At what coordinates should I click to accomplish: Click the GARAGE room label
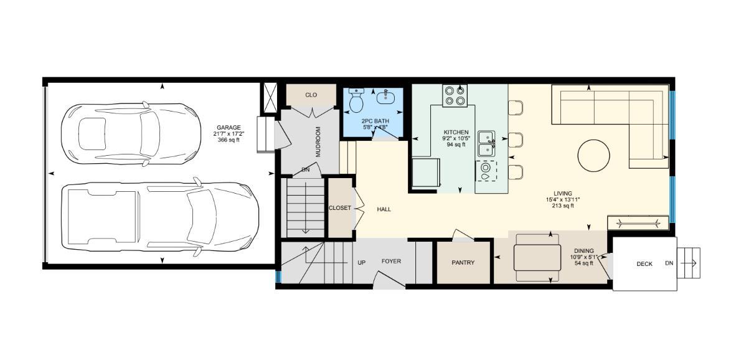tap(229, 127)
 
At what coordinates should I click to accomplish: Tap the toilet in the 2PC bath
tap(357, 100)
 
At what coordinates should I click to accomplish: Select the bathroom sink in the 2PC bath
tap(385, 96)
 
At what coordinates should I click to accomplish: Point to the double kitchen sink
tap(486, 144)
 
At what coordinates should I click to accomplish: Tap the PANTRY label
tap(463, 263)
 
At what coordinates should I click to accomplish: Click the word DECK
tap(644, 264)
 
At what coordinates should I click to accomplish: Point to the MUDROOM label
tap(318, 141)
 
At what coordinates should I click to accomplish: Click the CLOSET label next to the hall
tap(339, 208)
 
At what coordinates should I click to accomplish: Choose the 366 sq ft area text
tap(229, 140)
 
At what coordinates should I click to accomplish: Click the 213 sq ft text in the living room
tap(559, 206)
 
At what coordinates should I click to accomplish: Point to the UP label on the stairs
tap(361, 262)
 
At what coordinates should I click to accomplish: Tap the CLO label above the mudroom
tap(311, 95)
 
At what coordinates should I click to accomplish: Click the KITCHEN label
tap(456, 132)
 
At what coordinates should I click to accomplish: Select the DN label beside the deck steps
tap(669, 263)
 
